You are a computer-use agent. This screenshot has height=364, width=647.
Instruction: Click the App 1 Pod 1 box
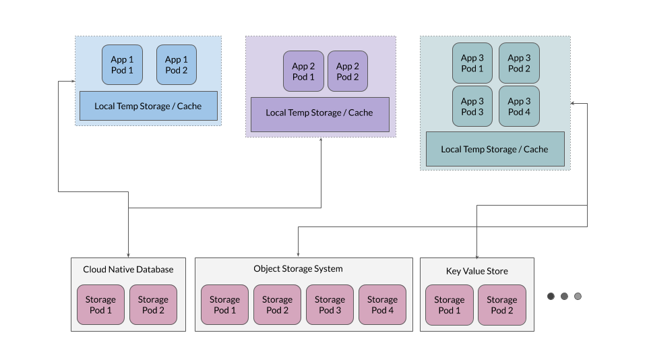tap(122, 65)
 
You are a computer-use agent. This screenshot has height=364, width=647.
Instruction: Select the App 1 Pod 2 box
tap(177, 65)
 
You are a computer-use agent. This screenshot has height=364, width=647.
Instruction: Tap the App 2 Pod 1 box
tap(303, 71)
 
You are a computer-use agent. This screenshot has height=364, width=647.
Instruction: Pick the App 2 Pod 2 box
tap(348, 71)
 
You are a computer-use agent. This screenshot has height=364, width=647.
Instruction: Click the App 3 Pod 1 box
tap(472, 63)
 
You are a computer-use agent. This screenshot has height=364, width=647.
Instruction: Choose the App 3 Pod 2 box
tap(519, 63)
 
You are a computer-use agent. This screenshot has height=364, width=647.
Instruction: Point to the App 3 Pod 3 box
tap(472, 107)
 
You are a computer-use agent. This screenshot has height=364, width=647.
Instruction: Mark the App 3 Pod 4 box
tap(519, 107)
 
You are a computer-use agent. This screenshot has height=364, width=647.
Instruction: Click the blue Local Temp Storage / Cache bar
tap(148, 106)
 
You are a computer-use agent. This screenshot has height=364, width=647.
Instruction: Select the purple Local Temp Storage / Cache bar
tap(319, 113)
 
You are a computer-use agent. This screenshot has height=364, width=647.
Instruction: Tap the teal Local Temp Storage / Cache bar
tap(495, 150)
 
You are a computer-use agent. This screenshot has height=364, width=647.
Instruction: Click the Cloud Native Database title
tap(128, 270)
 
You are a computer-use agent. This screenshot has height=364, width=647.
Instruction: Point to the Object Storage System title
tap(298, 269)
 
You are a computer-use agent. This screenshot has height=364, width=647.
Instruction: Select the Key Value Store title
tap(477, 272)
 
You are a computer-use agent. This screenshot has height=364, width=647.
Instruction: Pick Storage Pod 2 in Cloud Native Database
tap(153, 305)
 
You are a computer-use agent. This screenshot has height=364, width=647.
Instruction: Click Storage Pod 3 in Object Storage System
tap(330, 305)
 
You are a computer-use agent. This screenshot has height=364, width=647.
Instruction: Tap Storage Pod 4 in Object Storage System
tap(382, 305)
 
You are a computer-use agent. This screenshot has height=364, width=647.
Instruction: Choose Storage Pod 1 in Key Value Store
tap(449, 305)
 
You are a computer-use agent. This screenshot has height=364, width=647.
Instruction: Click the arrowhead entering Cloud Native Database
tap(128, 254)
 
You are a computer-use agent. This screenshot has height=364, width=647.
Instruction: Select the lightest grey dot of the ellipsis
tap(578, 296)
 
